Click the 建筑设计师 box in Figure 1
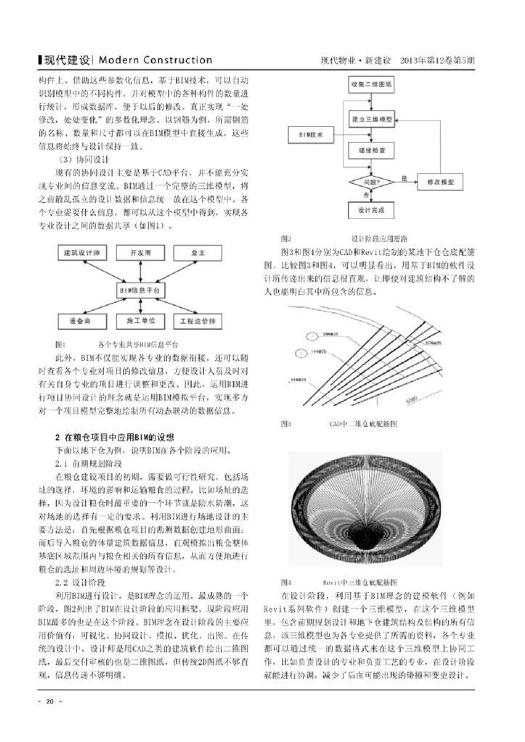click(x=82, y=253)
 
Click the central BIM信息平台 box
click(x=140, y=289)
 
